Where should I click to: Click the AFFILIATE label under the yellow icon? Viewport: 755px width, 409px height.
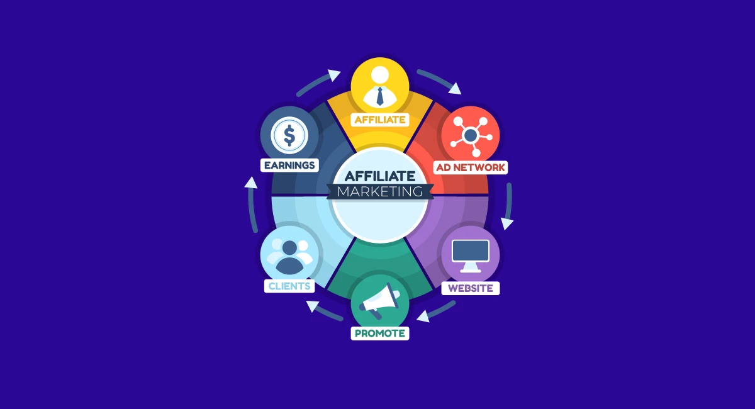point(380,120)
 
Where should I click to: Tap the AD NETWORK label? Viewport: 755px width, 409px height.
point(471,167)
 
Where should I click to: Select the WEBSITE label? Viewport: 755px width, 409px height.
point(471,288)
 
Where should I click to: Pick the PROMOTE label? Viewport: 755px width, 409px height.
point(380,333)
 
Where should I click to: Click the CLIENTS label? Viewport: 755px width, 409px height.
point(289,286)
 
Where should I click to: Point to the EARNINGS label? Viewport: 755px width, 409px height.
point(289,165)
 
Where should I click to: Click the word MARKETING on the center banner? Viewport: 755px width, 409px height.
point(380,191)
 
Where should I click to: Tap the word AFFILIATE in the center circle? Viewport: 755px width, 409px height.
point(380,176)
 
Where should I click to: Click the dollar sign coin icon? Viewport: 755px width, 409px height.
point(289,135)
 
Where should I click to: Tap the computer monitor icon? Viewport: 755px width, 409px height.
point(471,256)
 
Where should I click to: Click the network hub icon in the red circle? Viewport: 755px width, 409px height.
point(471,136)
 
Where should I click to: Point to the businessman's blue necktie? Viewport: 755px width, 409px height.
point(380,96)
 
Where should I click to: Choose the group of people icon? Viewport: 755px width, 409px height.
point(289,256)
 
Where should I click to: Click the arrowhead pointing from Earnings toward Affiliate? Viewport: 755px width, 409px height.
point(334,75)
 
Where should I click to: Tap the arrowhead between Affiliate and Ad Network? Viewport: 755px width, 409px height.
point(455,89)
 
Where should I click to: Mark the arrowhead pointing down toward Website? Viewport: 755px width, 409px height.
point(506,223)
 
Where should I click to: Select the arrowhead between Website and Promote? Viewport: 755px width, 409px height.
point(423,317)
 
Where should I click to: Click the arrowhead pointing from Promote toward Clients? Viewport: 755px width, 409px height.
point(313,306)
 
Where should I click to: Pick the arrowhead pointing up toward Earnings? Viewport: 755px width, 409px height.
point(251,182)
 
